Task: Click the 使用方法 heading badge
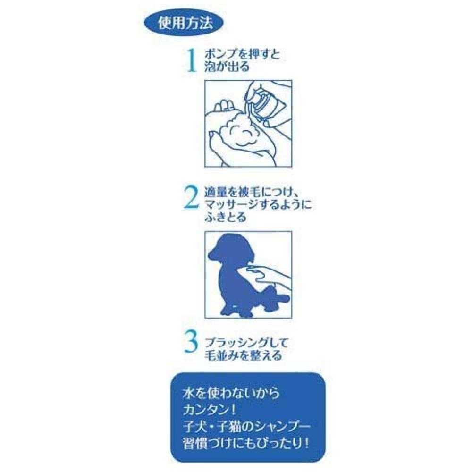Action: coord(184,23)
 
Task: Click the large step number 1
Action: coord(191,60)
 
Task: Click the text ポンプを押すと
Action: coord(242,54)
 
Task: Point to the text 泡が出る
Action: coord(227,67)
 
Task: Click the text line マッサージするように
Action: coord(258,205)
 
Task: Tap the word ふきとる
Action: coord(226,217)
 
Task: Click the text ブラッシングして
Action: coord(246,343)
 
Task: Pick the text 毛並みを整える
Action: coord(243,355)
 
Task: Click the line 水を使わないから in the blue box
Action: coord(231,393)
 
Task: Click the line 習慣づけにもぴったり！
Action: coord(246,443)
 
